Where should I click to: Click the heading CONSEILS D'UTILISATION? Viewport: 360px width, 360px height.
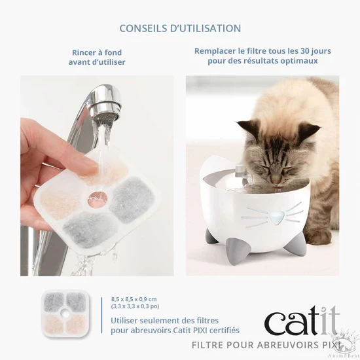(180, 28)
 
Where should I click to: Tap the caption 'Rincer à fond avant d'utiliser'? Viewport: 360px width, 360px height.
(97, 57)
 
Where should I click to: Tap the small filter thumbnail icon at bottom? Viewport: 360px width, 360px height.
(65, 314)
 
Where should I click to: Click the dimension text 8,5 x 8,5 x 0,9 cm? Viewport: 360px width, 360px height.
(134, 298)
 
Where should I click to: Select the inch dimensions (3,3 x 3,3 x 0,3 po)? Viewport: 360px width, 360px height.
(135, 306)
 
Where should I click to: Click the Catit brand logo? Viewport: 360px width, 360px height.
(302, 321)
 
